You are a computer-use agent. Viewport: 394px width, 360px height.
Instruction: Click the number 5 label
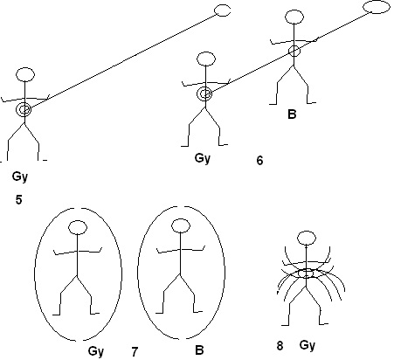click(18, 200)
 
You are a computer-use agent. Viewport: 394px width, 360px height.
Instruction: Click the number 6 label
click(259, 161)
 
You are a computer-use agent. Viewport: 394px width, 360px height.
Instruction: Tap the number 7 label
click(135, 352)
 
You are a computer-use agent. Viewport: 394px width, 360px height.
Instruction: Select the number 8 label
click(280, 346)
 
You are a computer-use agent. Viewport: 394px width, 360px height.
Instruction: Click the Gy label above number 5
click(20, 177)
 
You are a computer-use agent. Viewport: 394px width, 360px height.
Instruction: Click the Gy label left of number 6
click(203, 159)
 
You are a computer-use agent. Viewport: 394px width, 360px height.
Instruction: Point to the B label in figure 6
click(292, 114)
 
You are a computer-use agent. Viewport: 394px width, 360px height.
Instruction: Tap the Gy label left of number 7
click(96, 351)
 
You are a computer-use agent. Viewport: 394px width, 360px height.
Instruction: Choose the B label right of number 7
click(199, 350)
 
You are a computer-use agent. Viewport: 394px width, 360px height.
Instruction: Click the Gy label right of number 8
click(308, 345)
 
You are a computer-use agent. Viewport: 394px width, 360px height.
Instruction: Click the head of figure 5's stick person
click(25, 74)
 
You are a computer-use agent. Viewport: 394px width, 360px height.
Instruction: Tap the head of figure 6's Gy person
click(206, 59)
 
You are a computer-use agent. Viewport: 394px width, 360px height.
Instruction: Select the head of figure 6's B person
click(294, 17)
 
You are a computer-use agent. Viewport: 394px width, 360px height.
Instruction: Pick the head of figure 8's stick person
click(307, 238)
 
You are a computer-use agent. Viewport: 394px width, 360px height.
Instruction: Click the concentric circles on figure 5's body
click(24, 109)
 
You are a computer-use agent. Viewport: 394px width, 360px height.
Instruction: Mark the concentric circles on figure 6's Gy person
click(205, 93)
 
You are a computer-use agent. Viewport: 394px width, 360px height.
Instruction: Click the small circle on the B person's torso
click(294, 51)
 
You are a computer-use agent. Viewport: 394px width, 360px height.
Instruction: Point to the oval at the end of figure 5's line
click(223, 10)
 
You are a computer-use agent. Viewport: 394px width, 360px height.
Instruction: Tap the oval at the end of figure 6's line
click(377, 7)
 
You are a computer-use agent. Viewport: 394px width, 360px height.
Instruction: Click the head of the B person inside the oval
click(181, 226)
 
